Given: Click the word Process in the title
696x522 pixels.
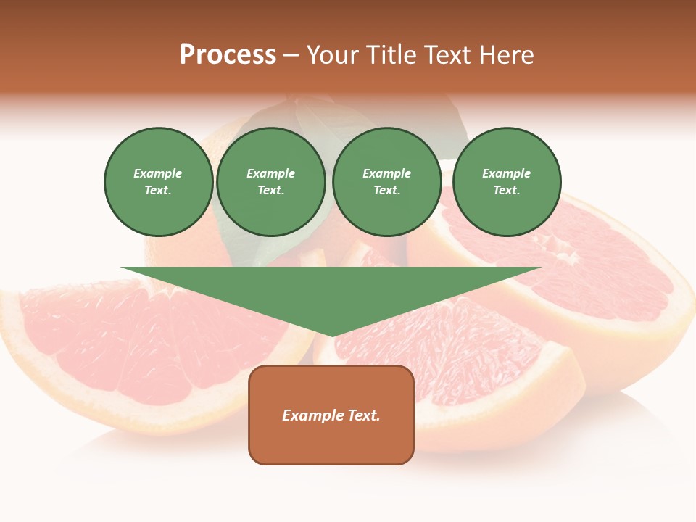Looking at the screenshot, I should [x=228, y=55].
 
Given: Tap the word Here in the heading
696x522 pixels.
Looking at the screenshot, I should [x=505, y=55].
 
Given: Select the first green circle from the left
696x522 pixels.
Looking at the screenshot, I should [x=158, y=182].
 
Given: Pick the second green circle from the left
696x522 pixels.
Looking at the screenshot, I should [x=271, y=182].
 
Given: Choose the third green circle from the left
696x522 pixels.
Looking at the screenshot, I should [x=387, y=182].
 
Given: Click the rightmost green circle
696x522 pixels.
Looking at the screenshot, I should [x=507, y=182].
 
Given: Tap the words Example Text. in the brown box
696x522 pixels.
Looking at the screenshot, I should [x=331, y=415].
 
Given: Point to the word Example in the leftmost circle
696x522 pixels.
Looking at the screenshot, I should [x=158, y=173].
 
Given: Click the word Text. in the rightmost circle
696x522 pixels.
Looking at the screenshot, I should [x=507, y=191].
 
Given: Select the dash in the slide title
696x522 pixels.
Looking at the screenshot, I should [x=291, y=56].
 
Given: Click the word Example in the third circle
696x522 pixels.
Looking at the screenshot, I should [x=387, y=173].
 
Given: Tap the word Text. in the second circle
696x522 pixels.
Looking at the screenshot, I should [x=271, y=191].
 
